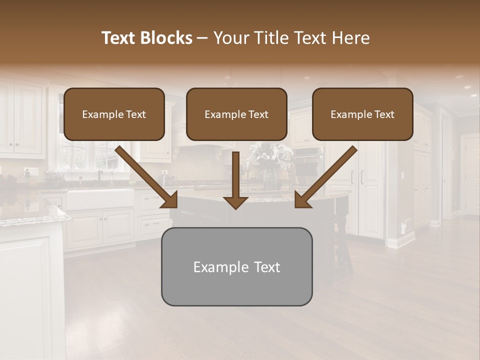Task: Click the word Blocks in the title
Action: (167, 38)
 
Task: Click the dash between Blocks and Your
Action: (202, 38)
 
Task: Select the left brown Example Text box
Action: (114, 114)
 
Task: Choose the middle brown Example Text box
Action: (236, 114)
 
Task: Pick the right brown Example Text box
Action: (362, 114)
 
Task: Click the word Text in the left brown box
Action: (136, 114)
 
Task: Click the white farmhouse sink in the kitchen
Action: (100, 199)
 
